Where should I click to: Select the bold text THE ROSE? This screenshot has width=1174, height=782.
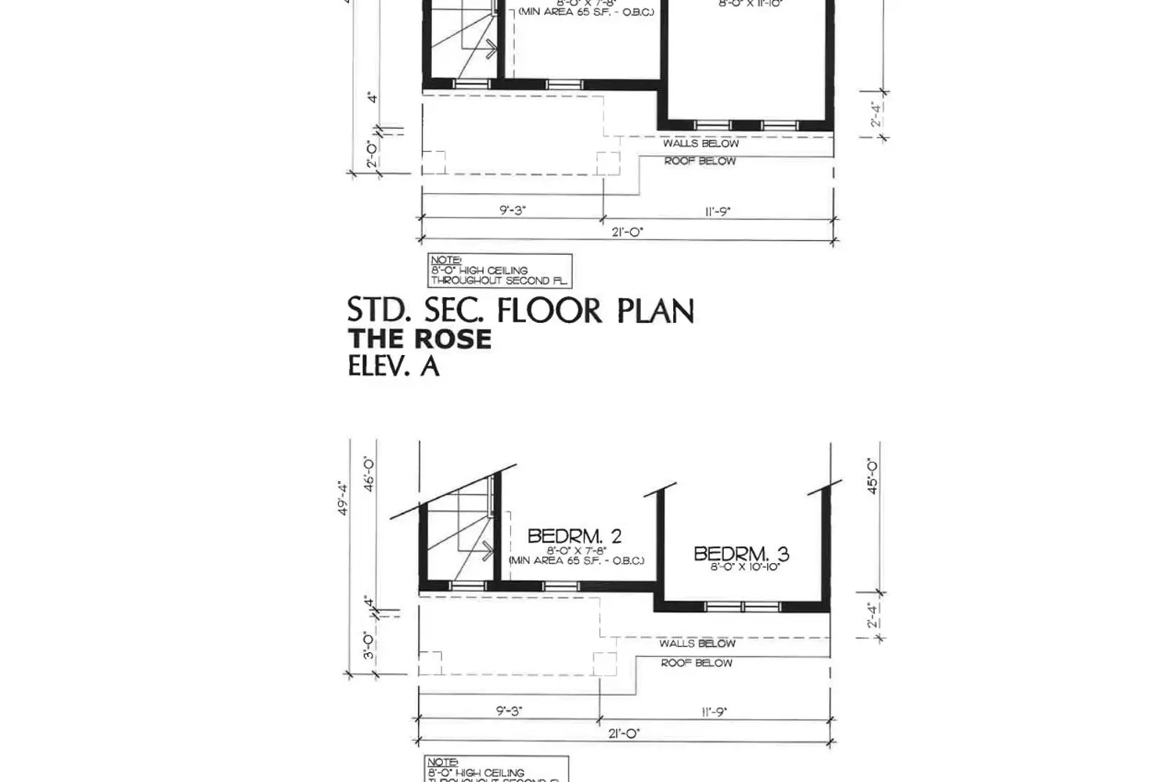click(x=420, y=339)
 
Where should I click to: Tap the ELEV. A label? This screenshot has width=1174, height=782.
click(x=393, y=366)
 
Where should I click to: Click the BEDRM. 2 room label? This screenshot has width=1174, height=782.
click(x=574, y=536)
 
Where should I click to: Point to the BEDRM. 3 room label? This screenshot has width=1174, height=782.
click(x=741, y=554)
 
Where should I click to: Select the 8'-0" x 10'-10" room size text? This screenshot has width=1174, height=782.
click(x=744, y=567)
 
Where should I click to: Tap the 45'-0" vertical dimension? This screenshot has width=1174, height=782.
click(x=873, y=476)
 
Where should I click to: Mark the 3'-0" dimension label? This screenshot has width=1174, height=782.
click(x=369, y=645)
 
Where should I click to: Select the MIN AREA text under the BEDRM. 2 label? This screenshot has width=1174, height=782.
click(x=577, y=561)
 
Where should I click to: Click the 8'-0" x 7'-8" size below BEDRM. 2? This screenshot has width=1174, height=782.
click(x=577, y=550)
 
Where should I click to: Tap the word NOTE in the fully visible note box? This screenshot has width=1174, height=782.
click(x=445, y=260)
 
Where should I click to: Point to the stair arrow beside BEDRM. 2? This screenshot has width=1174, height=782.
click(x=488, y=551)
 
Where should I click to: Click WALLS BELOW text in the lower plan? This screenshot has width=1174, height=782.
click(x=697, y=644)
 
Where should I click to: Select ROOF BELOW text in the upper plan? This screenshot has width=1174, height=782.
click(x=700, y=161)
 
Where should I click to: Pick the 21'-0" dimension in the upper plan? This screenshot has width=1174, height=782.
click(x=626, y=232)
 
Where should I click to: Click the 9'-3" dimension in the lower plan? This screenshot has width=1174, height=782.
click(x=509, y=712)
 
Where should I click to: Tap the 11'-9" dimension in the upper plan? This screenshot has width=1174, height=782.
click(x=717, y=211)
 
